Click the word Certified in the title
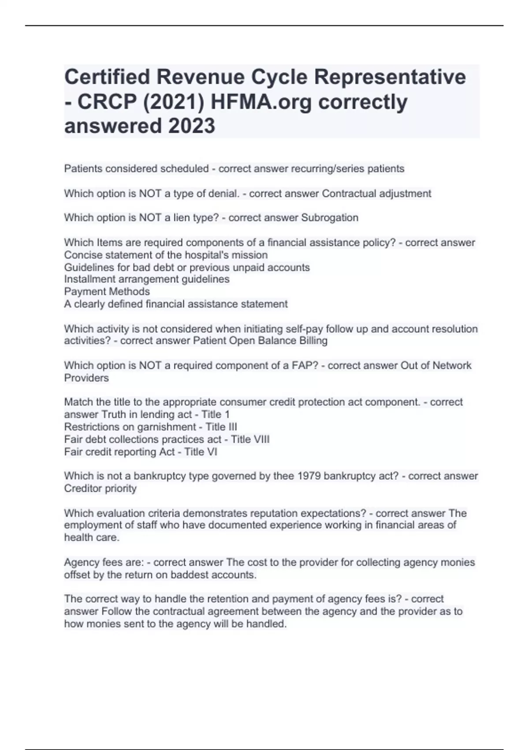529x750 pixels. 107,78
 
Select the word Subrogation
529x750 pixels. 330,217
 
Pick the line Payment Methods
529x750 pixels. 107,292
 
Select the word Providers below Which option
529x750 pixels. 86,378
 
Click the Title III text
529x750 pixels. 221,427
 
